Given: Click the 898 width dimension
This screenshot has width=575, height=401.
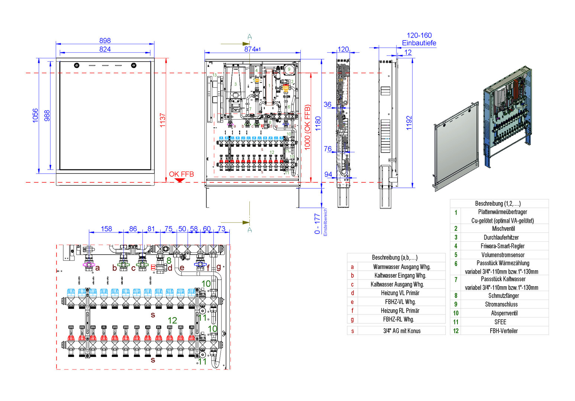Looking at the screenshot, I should (x=105, y=40).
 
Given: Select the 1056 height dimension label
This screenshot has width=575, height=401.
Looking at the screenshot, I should (x=35, y=115).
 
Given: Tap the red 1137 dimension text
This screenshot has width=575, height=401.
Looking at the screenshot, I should (x=163, y=120).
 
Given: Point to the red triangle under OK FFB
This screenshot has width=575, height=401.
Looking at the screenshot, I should (x=180, y=180).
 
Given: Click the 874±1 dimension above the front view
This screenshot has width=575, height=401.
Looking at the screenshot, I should (x=252, y=49).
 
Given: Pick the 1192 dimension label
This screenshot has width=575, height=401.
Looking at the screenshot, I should (x=409, y=123).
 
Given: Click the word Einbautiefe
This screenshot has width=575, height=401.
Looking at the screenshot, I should (x=419, y=43).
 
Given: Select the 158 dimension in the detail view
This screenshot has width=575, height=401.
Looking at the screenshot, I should (x=106, y=229).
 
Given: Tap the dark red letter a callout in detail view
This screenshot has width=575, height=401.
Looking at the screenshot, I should (x=97, y=268).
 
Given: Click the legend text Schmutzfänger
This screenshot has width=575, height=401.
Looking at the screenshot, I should (x=503, y=296).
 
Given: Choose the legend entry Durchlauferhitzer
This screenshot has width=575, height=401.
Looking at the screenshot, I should (x=501, y=237).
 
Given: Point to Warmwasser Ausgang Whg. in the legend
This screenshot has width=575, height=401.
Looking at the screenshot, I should (x=402, y=267).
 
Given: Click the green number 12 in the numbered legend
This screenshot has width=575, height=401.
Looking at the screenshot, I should (x=456, y=331).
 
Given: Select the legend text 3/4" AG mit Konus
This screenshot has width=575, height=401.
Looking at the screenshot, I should (x=402, y=331).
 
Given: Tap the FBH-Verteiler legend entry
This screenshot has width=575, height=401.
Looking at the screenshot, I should (x=503, y=331).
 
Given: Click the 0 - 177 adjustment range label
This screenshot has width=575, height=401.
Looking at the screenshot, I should (x=317, y=224).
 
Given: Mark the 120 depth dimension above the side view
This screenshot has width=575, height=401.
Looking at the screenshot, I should (x=343, y=49).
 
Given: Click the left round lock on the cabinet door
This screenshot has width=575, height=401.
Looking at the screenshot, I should (x=77, y=66).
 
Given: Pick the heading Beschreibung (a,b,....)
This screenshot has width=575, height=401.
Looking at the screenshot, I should (x=395, y=257).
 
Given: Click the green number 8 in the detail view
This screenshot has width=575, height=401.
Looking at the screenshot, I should (x=169, y=261).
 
